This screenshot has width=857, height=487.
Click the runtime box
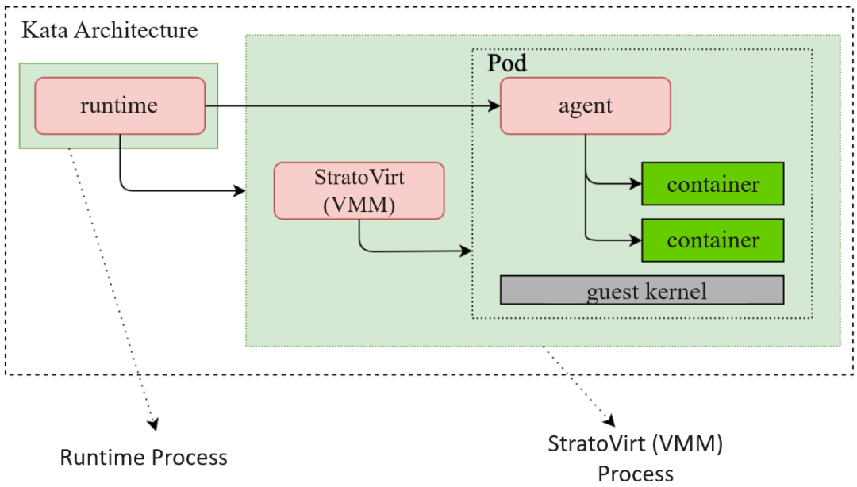[120, 105]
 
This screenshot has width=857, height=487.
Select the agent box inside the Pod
[586, 105]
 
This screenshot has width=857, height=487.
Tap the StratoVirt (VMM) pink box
[359, 190]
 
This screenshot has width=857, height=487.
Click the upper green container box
[713, 184]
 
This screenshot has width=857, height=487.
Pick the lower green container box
[713, 240]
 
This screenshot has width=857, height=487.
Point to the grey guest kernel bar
[641, 290]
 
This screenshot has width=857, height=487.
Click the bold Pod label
[506, 63]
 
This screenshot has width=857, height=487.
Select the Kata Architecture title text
[110, 31]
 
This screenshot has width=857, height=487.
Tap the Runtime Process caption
[144, 458]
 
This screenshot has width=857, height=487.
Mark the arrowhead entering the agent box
[494, 105]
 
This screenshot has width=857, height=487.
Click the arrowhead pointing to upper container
[636, 184]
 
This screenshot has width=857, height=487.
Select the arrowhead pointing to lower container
[636, 239]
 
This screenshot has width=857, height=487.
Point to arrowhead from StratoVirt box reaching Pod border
[467, 251]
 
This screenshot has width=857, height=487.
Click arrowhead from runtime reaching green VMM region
[240, 191]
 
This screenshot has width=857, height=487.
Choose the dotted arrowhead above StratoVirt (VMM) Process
[610, 418]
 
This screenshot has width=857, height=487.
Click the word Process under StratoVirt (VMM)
[635, 474]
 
